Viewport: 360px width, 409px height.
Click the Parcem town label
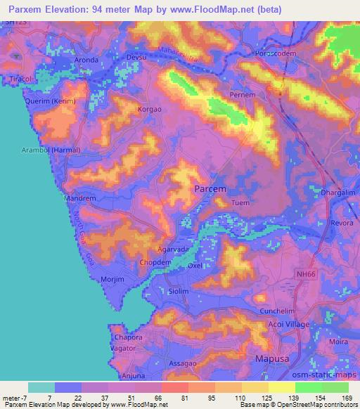[209, 189]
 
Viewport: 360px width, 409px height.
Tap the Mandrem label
[79, 199]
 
